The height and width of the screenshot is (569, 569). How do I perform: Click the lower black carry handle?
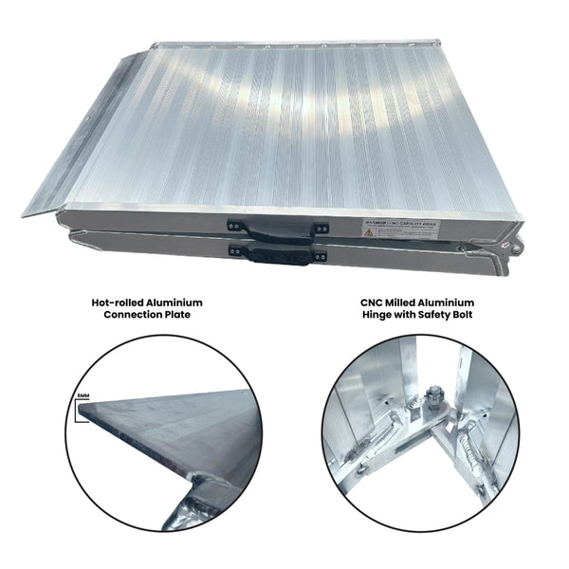click(275, 255)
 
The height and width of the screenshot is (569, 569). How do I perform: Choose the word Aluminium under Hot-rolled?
click(175, 303)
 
